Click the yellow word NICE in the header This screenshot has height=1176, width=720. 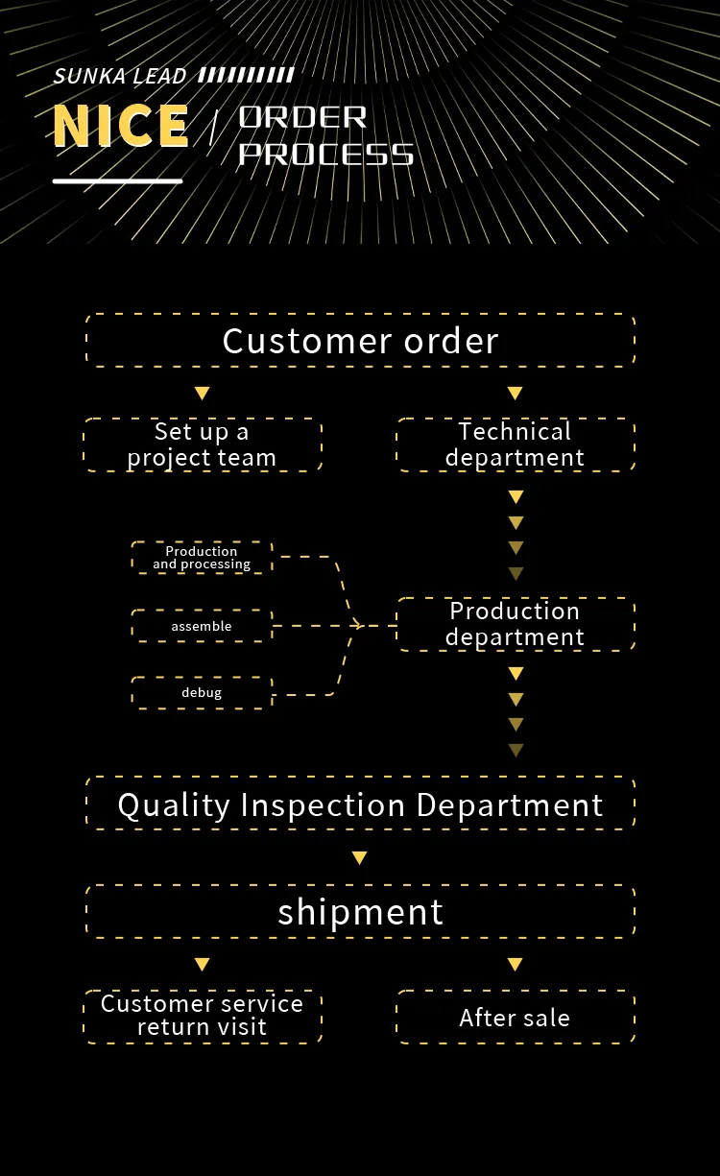[x=121, y=126]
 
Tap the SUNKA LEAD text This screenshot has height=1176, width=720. [x=120, y=77]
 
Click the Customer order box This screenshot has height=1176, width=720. [x=360, y=341]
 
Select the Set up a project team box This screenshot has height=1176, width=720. [x=202, y=444]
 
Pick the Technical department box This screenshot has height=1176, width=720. [x=516, y=444]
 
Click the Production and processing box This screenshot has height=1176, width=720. [x=202, y=558]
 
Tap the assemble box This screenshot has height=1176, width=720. [x=202, y=626]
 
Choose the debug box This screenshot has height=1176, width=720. [x=202, y=692]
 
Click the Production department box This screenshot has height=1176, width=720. [x=516, y=624]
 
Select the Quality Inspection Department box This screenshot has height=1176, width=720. [x=360, y=804]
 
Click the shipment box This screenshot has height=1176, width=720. [x=360, y=911]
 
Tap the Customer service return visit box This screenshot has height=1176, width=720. [x=202, y=1016]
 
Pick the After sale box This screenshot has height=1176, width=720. [x=516, y=1018]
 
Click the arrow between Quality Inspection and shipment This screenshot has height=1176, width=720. [x=359, y=857]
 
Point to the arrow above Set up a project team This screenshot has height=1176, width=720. [x=202, y=393]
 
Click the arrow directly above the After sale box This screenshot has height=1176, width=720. [x=515, y=964]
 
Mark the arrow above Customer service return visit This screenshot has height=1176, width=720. [x=202, y=964]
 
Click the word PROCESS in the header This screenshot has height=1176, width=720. [x=325, y=154]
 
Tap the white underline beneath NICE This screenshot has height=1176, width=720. [x=117, y=180]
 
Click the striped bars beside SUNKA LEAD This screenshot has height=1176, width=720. [x=246, y=75]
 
